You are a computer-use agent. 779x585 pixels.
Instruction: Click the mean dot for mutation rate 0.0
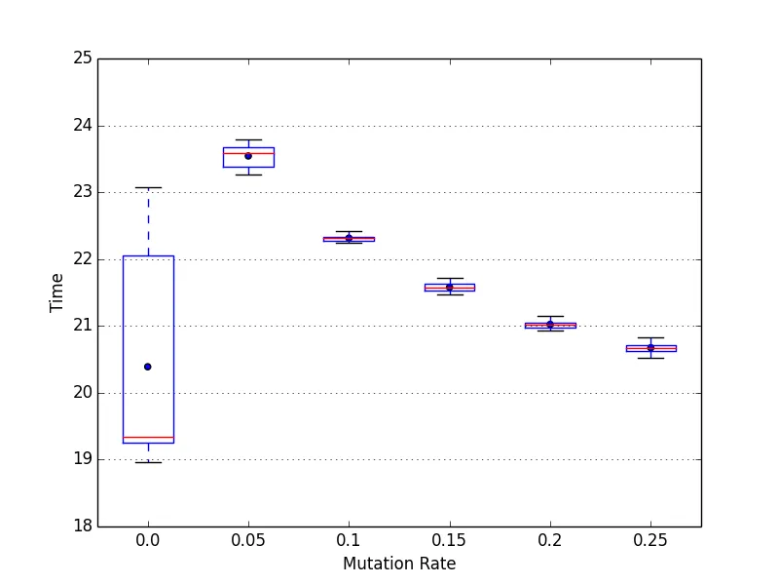(x=148, y=367)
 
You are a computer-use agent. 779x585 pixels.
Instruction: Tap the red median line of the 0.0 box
(x=148, y=438)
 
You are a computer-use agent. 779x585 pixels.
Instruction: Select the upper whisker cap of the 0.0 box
(x=148, y=187)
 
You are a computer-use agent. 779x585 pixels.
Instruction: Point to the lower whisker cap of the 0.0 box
(x=148, y=462)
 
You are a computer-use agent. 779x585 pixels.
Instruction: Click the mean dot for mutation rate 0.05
(x=248, y=156)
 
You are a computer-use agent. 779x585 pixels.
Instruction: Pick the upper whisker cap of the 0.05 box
(x=248, y=140)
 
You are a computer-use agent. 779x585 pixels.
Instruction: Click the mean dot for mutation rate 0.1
(x=349, y=238)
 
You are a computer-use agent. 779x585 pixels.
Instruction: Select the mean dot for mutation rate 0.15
(x=450, y=287)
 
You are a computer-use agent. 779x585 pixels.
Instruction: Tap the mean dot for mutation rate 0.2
(x=550, y=324)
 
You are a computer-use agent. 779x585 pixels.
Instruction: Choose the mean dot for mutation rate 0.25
(x=650, y=347)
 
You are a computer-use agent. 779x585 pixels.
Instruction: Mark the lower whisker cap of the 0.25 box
(x=650, y=358)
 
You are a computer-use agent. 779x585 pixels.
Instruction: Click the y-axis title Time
(x=57, y=292)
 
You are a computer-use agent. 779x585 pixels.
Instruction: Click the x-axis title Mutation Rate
(x=399, y=564)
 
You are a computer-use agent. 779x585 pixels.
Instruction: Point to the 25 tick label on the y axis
(x=82, y=58)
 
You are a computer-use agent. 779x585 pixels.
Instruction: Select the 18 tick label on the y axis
(x=82, y=526)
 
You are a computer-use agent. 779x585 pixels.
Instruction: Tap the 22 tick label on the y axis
(x=82, y=259)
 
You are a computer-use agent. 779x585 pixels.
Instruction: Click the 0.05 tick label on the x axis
(x=248, y=538)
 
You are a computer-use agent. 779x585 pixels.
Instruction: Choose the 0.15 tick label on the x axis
(x=450, y=538)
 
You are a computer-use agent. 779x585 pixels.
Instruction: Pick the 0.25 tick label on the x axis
(x=650, y=538)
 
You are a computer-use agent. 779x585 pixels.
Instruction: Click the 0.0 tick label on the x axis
(x=148, y=538)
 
